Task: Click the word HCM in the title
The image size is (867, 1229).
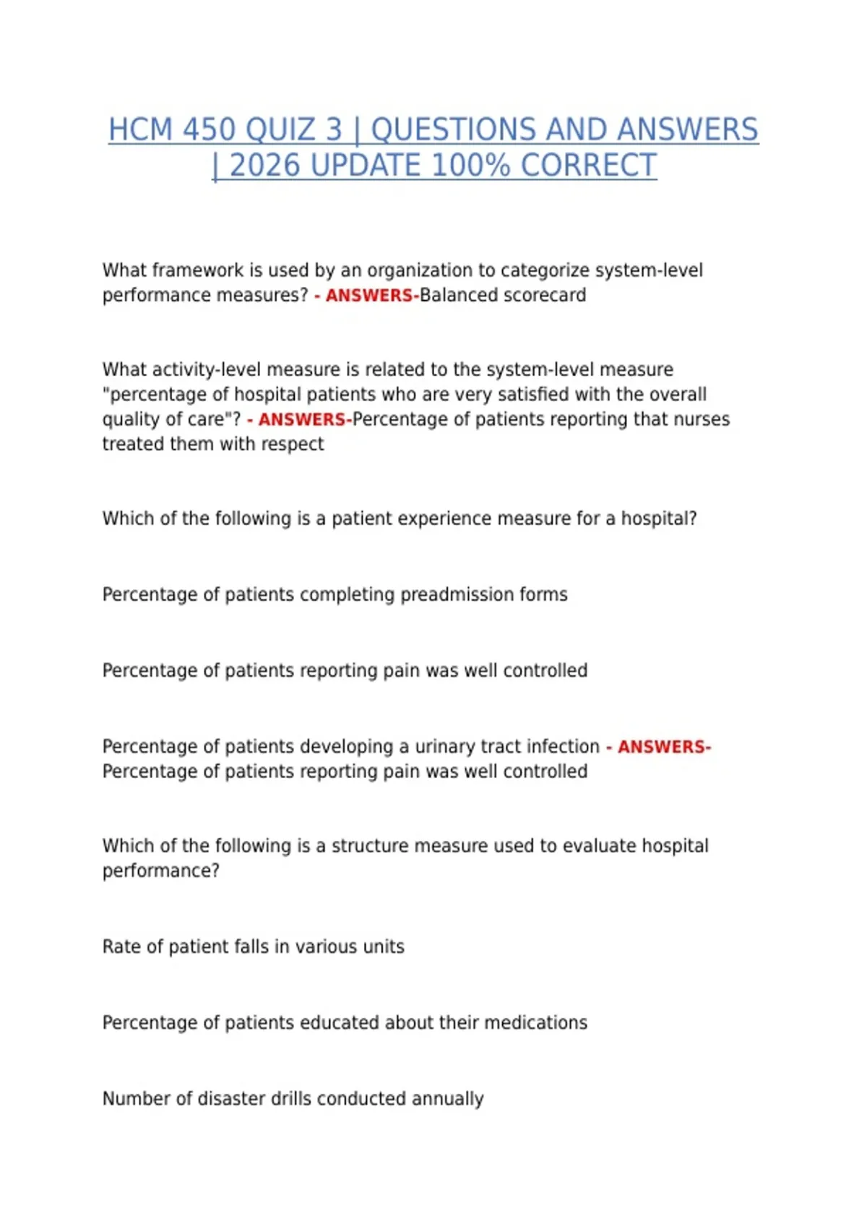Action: click(141, 130)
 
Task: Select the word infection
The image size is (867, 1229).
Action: click(564, 746)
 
